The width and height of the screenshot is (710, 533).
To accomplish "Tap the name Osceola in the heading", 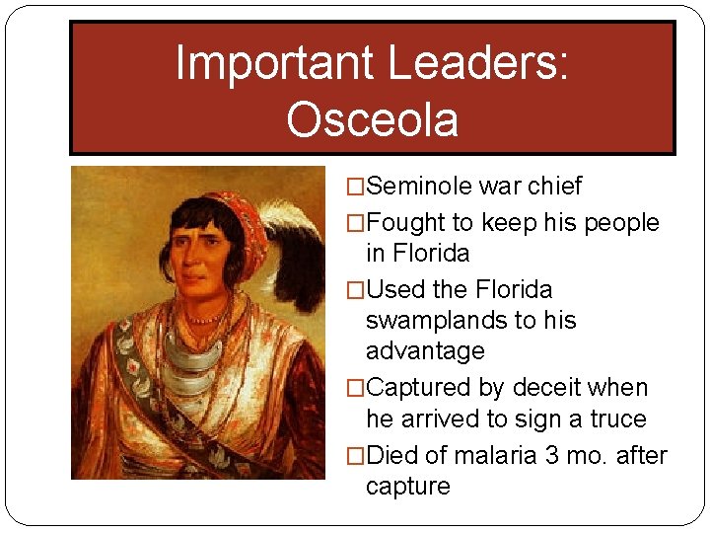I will pyautogui.click(x=372, y=119).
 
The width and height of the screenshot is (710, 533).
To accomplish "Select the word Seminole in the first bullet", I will pyautogui.click(x=413, y=187).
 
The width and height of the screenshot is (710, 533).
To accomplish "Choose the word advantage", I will pyautogui.click(x=425, y=351).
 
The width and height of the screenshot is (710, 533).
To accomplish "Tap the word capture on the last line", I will pyautogui.click(x=407, y=487).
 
